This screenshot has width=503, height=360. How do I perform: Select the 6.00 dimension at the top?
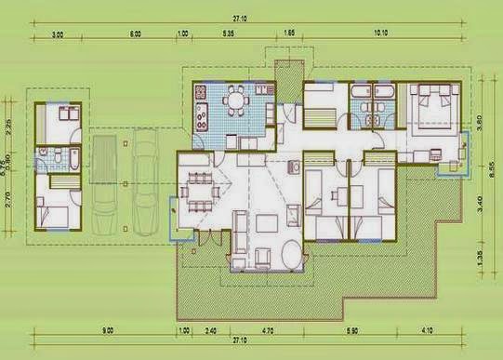point(136,33)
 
